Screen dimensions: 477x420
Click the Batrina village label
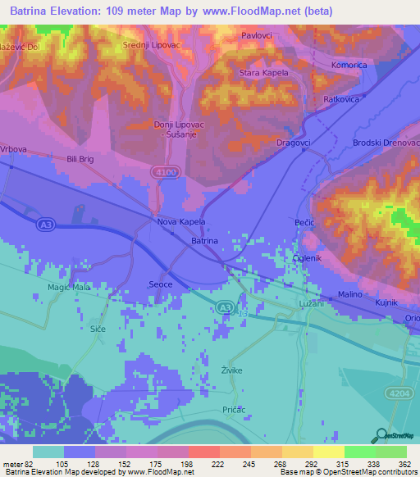[x=204, y=241]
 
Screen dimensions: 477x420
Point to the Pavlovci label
[x=257, y=36]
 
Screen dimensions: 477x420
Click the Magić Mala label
[x=69, y=287]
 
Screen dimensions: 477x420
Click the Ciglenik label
[x=308, y=259]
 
